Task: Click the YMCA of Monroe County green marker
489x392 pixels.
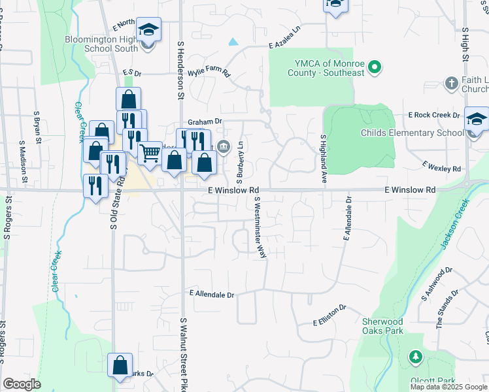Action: click(x=375, y=66)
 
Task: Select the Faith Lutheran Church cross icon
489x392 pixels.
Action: click(x=451, y=83)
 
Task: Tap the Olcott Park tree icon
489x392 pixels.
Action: click(x=414, y=357)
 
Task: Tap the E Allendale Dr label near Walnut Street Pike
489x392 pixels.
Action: click(x=211, y=295)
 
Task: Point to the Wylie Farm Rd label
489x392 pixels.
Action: click(x=209, y=72)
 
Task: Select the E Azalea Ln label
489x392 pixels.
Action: click(x=288, y=46)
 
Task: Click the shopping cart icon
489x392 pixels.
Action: click(x=150, y=154)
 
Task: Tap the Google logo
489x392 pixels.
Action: click(x=22, y=384)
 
